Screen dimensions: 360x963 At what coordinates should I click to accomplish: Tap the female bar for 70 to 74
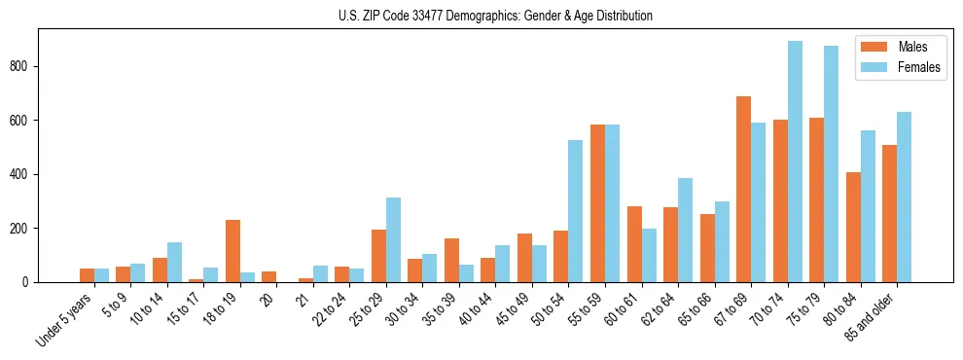(x=795, y=162)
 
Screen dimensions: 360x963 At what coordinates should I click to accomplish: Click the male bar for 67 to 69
(x=744, y=190)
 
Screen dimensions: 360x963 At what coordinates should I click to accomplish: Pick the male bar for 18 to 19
(x=233, y=251)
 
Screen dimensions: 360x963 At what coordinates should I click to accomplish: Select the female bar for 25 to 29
(x=393, y=240)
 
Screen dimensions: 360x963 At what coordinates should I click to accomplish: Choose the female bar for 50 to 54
(x=576, y=211)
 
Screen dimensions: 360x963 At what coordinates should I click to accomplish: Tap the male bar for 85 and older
(x=890, y=214)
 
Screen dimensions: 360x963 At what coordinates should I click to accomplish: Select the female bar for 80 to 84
(x=868, y=206)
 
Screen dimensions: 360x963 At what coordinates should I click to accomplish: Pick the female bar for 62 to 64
(x=685, y=231)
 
